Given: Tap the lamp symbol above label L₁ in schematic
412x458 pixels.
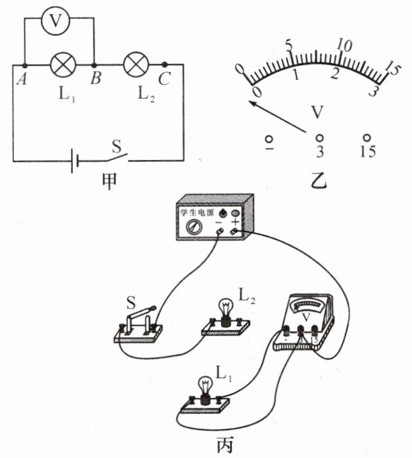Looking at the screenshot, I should pos(63,65).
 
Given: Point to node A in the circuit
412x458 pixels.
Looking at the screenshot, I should pos(24,65).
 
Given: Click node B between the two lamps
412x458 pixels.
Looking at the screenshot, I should pos(94,65).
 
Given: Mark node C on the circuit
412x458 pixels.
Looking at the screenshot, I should pos(165,64).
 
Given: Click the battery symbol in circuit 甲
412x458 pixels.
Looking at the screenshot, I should pos(76,160).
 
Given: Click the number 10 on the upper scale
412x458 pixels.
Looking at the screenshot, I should pos(345,46).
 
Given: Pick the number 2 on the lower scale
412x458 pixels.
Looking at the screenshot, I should pos(333,74).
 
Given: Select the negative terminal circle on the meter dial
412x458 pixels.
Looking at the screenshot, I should pos(270,137).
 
